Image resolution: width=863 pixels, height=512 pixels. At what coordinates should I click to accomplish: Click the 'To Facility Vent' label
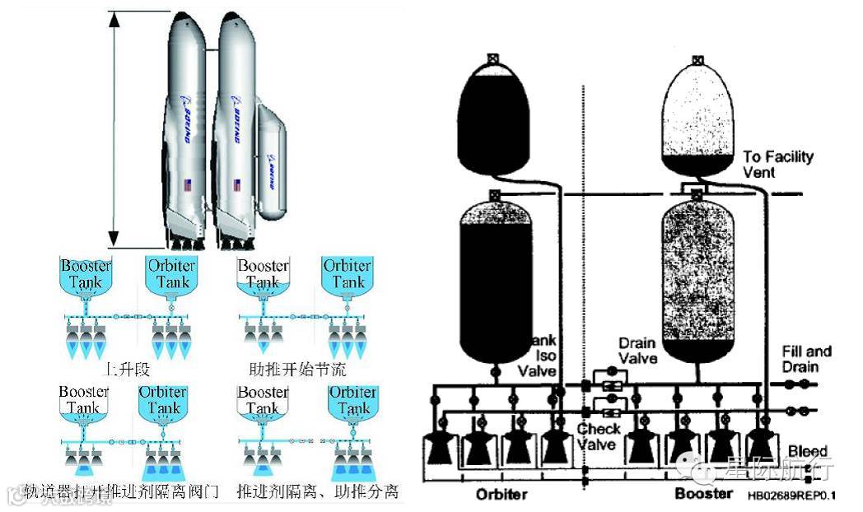(777, 164)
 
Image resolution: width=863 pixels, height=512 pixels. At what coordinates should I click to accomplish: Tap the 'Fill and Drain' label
(806, 359)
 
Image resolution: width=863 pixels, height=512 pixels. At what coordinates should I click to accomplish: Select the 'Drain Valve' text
(637, 350)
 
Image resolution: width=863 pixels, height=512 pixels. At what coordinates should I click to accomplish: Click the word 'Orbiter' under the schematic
(501, 495)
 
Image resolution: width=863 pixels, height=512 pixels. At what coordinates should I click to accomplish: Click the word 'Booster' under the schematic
(703, 494)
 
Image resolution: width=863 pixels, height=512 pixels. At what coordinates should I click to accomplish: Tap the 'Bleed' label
(807, 452)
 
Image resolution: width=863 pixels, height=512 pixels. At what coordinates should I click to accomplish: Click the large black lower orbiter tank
(496, 284)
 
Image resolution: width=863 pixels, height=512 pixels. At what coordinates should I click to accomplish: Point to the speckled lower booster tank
(698, 280)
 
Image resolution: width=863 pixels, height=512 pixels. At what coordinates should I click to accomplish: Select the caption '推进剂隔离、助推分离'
(317, 492)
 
